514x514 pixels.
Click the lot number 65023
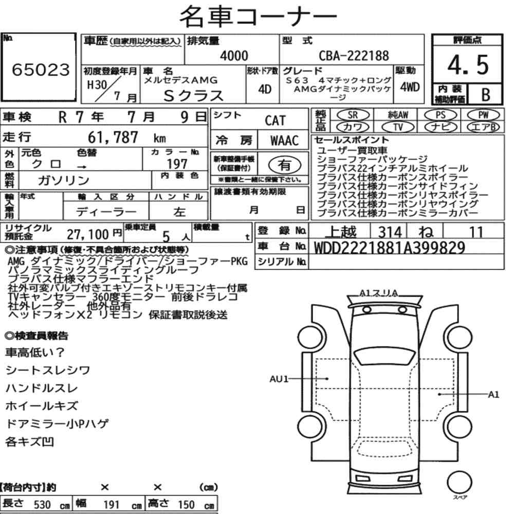(41, 69)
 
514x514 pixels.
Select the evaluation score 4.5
(468, 65)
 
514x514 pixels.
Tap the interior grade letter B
(486, 95)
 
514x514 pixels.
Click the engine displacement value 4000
(234, 56)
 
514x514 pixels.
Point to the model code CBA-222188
(354, 56)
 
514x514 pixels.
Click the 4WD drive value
(410, 87)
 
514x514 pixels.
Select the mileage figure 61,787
(113, 137)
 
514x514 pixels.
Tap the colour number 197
(177, 163)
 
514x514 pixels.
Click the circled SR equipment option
(353, 115)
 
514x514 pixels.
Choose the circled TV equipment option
(398, 127)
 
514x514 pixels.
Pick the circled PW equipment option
(484, 115)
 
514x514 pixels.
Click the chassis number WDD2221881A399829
(390, 248)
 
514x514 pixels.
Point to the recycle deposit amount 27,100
(88, 234)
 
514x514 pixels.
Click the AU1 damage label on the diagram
(279, 379)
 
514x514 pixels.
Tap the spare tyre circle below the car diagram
(459, 483)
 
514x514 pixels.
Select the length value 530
(42, 505)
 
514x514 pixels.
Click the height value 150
(186, 505)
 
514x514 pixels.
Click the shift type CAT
(275, 121)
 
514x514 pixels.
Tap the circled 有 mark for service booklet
(285, 165)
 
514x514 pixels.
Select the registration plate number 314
(390, 232)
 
